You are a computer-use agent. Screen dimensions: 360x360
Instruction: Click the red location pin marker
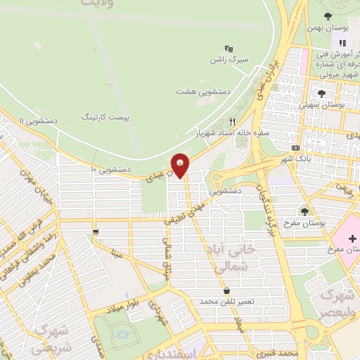click(181, 165)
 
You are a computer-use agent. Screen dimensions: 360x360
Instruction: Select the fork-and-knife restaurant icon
click(233, 120)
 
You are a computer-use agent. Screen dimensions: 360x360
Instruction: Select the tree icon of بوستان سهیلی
click(321, 93)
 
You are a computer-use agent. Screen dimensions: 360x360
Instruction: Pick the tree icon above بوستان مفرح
click(304, 210)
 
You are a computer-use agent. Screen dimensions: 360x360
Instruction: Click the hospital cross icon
click(352, 239)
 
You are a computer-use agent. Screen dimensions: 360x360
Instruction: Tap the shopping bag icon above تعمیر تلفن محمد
click(226, 290)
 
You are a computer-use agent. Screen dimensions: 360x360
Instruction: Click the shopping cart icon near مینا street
click(95, 231)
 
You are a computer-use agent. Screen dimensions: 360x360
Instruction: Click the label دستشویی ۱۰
click(106, 169)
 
